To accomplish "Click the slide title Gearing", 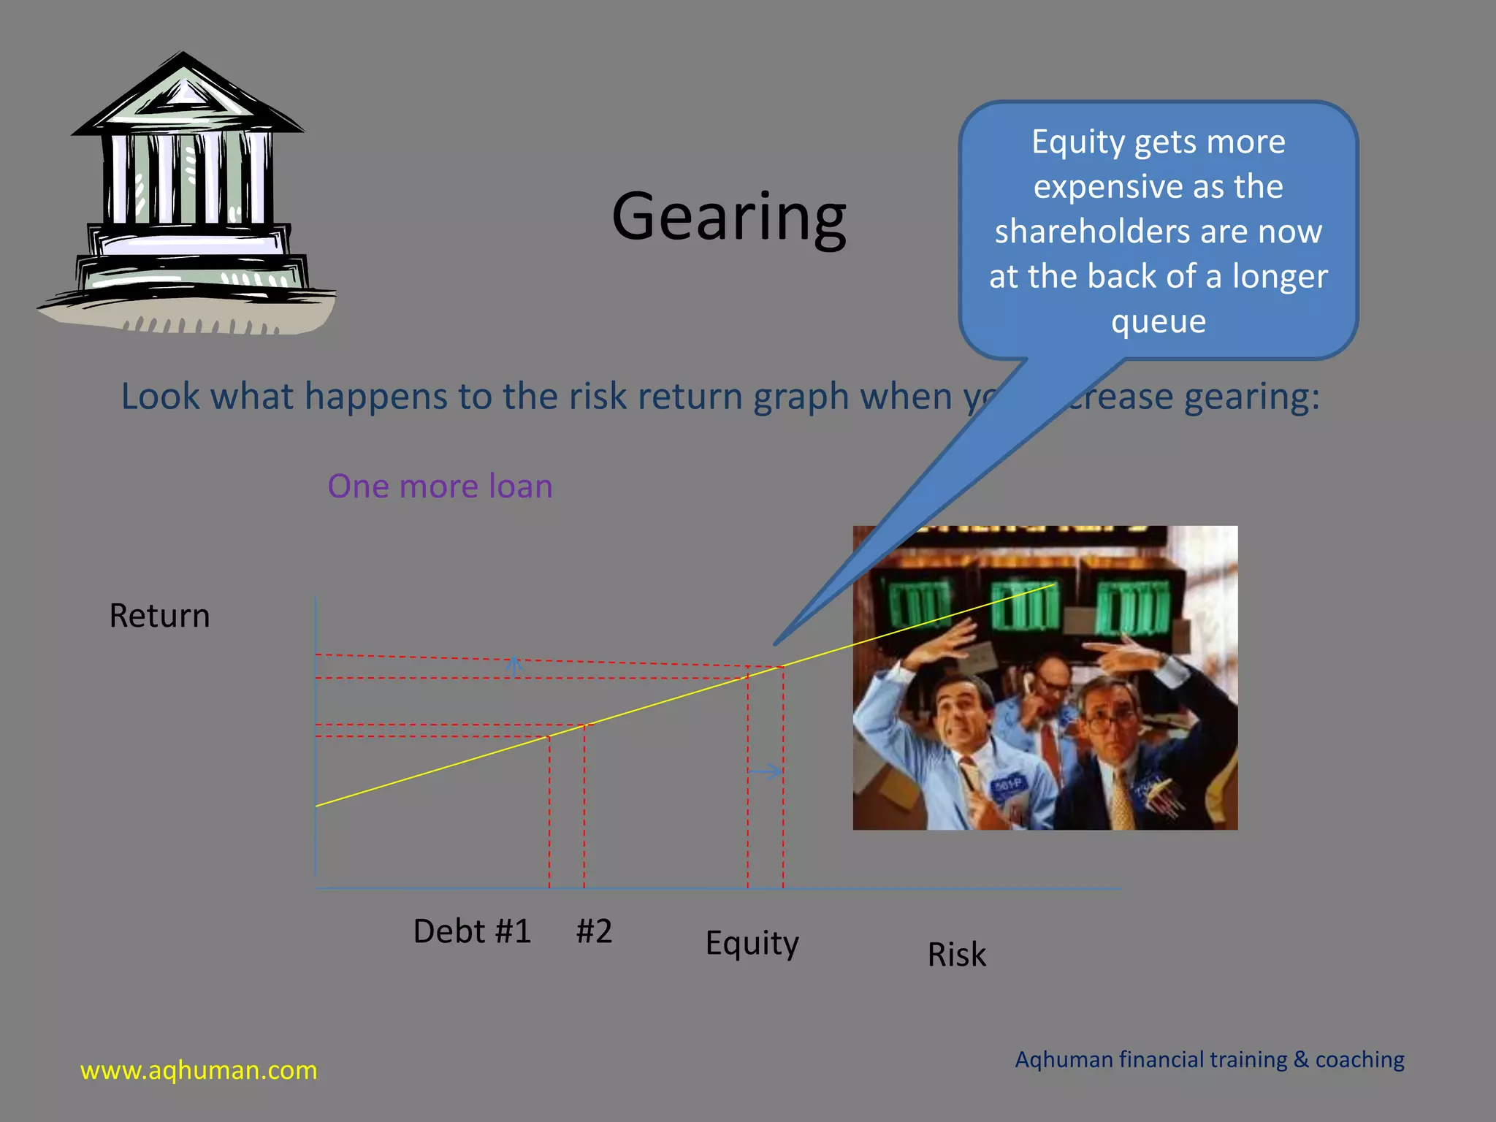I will (x=729, y=217).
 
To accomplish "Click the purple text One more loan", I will (x=440, y=486).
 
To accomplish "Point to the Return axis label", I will (x=159, y=616).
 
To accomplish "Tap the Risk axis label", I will (x=956, y=955).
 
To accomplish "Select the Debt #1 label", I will (x=472, y=931).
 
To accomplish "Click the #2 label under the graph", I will (x=594, y=931).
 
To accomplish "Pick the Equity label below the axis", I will (x=752, y=943).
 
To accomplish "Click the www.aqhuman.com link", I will (x=199, y=1070).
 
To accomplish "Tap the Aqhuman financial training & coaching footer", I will (x=1209, y=1059).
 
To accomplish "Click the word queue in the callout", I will (x=1159, y=321).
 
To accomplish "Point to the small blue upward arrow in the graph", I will (x=515, y=665).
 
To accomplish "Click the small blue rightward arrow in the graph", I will (x=766, y=771).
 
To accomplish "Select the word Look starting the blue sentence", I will (x=160, y=397).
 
